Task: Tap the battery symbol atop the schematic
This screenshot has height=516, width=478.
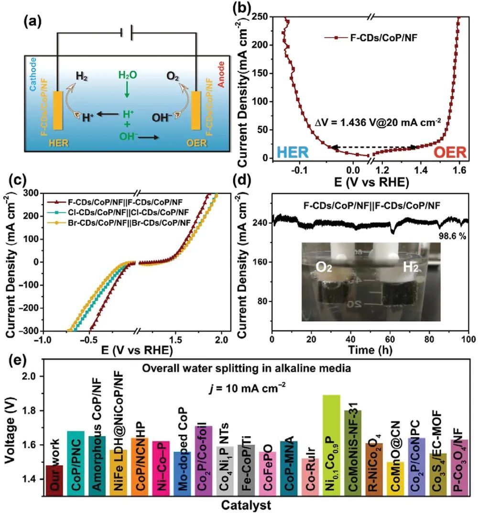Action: click(x=127, y=33)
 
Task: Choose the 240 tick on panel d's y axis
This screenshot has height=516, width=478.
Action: click(x=260, y=223)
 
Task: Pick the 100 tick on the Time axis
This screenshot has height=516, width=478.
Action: click(x=468, y=339)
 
